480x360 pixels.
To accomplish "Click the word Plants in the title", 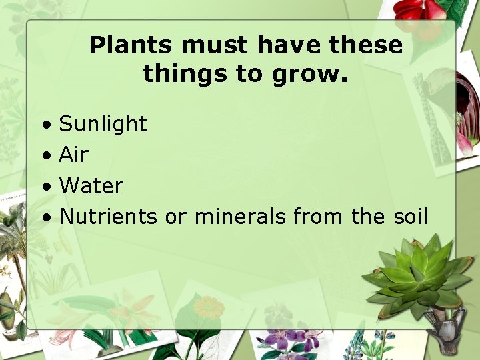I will tap(131, 45).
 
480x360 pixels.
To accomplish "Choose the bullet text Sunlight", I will tap(103, 124).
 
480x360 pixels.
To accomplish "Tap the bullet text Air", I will tap(73, 155).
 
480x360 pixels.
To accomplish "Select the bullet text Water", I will tap(91, 185).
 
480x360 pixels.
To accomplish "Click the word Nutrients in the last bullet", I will tap(108, 217).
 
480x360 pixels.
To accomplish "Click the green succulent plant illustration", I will tap(417, 273).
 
